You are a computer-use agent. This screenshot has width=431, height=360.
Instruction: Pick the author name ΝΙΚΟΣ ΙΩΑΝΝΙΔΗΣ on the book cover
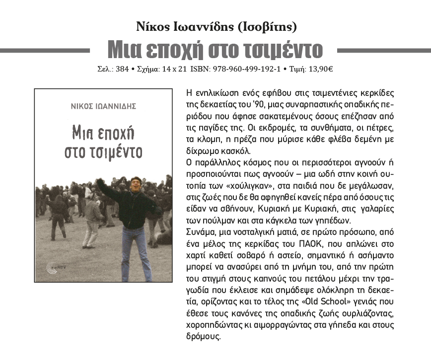coord(103,106)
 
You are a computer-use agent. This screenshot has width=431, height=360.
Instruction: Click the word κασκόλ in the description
coord(238,151)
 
